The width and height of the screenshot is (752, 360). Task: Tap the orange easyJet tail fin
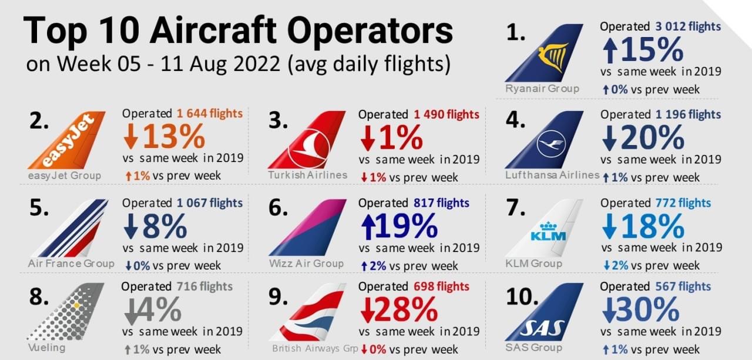pyautogui.click(x=69, y=140)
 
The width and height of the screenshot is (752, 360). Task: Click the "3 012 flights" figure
pyautogui.click(x=687, y=26)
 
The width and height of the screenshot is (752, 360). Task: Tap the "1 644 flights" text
pyautogui.click(x=209, y=114)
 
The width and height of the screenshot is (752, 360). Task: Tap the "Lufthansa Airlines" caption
pyautogui.click(x=552, y=175)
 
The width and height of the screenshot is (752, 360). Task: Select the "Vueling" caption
pyautogui.click(x=46, y=347)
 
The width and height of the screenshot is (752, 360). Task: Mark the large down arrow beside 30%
pyautogui.click(x=609, y=311)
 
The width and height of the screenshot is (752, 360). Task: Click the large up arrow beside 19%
pyautogui.click(x=368, y=227)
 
